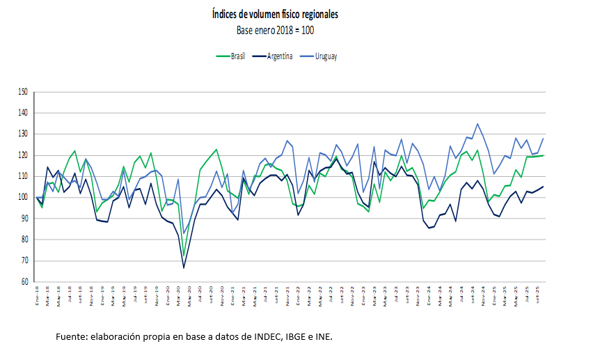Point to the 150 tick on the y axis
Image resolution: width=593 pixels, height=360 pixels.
pos(23,92)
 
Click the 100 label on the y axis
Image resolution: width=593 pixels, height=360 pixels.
pos(23,198)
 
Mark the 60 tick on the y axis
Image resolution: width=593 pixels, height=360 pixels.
pos(24,282)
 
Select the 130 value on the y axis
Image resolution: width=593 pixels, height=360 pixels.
pos(23,134)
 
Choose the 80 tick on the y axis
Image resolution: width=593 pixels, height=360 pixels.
pos(24,240)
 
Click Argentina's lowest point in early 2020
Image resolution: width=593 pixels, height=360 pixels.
pos(184,267)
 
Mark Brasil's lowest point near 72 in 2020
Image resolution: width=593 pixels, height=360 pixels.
pos(184,256)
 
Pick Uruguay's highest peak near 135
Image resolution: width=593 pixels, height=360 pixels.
pos(477,124)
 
